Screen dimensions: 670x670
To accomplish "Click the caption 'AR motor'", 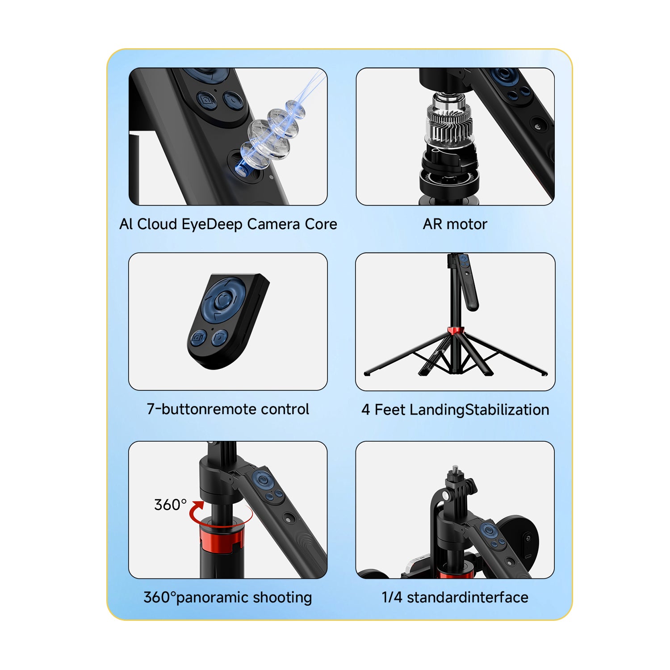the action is pyautogui.click(x=455, y=224).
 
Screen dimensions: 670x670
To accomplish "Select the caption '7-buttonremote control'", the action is pyautogui.click(x=228, y=409).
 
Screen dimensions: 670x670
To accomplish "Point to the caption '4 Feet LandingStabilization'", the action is pyautogui.click(x=455, y=410).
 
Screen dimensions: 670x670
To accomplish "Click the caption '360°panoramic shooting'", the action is pyautogui.click(x=228, y=598).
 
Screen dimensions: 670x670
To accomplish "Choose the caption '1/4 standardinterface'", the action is pyautogui.click(x=455, y=597).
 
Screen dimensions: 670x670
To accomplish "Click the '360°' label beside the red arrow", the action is pyautogui.click(x=170, y=505).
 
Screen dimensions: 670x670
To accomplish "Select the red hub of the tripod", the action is pyautogui.click(x=456, y=331).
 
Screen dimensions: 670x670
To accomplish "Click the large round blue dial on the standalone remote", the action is pyautogui.click(x=222, y=299).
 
